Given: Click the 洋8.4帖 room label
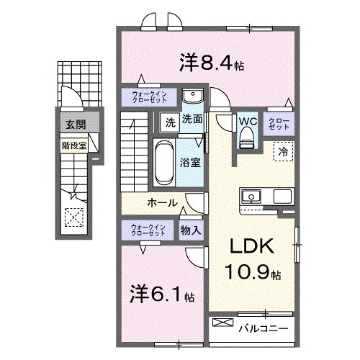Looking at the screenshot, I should click(212, 63).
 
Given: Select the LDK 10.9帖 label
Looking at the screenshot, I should click(251, 261).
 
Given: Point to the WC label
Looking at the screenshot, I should click(247, 120).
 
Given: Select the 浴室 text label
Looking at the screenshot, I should click(191, 162).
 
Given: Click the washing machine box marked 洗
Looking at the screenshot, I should click(168, 121).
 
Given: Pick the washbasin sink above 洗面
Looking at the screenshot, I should click(192, 98).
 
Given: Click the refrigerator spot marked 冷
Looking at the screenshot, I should click(283, 152).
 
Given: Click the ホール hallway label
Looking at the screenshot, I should click(163, 203).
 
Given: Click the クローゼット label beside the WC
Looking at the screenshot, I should click(279, 123).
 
